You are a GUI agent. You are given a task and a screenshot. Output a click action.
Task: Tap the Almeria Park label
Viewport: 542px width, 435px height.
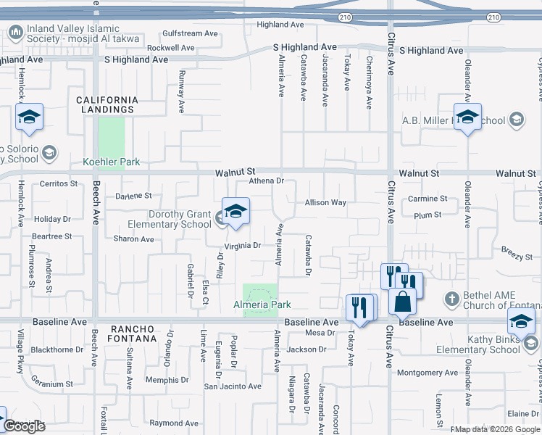pyautogui.click(x=262, y=305)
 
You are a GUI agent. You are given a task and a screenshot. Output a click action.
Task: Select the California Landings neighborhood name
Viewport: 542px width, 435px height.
pyautogui.click(x=107, y=104)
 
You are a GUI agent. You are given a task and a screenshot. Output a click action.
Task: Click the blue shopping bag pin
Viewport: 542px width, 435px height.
pyautogui.click(x=402, y=300)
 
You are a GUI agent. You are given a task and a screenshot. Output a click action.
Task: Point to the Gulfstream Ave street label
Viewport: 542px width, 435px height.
pyautogui.click(x=191, y=33)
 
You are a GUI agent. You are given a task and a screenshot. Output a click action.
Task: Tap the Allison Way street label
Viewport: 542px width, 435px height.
pyautogui.click(x=325, y=203)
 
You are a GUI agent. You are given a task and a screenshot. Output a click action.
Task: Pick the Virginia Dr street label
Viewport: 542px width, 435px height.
pyautogui.click(x=242, y=246)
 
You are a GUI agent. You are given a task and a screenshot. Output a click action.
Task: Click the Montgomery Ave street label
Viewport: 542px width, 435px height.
pyautogui.click(x=428, y=373)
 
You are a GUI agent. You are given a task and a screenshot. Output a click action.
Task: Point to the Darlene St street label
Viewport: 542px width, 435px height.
pyautogui.click(x=133, y=196)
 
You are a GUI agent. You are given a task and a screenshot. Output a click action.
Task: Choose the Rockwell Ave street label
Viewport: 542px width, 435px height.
pyautogui.click(x=171, y=48)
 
